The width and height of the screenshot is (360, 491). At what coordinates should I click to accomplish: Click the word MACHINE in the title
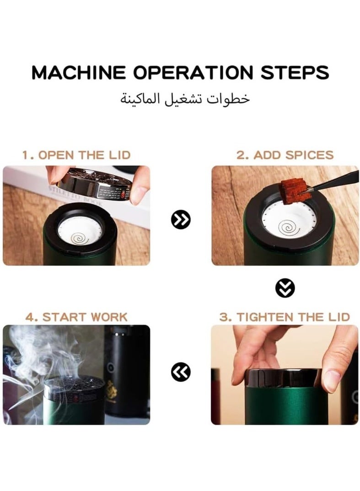(x=78, y=73)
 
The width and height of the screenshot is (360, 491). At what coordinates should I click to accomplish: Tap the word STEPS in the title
(x=295, y=73)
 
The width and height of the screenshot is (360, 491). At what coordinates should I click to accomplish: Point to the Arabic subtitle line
(x=185, y=98)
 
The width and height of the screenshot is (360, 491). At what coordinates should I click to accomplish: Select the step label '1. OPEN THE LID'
(x=76, y=155)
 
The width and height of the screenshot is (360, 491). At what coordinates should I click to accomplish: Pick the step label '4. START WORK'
(x=76, y=317)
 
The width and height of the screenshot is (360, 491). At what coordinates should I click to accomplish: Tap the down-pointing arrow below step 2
(x=285, y=288)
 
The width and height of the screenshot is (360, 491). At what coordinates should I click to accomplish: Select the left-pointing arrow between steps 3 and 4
(x=181, y=372)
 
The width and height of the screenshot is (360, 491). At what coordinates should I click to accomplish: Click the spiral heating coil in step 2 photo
(x=286, y=226)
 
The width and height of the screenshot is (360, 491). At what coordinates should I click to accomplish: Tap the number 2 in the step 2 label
(x=240, y=155)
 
